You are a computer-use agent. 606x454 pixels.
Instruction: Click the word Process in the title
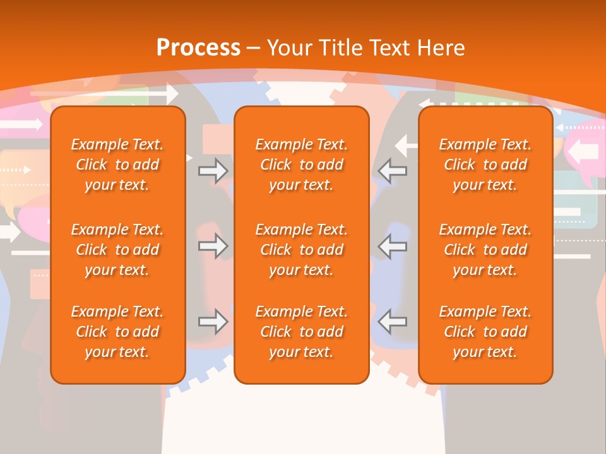198,48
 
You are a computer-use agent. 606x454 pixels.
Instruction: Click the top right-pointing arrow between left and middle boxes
213,171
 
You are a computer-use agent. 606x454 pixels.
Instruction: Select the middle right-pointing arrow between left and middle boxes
213,246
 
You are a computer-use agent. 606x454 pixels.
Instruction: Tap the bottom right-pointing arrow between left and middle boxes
213,322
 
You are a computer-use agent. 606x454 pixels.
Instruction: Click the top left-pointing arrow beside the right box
393,170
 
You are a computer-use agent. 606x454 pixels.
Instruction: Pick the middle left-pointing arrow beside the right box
393,246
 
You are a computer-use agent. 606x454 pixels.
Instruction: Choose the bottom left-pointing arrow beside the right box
393,322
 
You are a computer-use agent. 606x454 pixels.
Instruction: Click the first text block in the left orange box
117,165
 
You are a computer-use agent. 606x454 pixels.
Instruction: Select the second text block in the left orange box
117,250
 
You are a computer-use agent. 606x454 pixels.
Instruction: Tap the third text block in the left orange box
117,332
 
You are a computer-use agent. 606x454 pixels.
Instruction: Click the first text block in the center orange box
301,165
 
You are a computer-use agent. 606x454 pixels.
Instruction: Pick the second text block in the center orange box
301,250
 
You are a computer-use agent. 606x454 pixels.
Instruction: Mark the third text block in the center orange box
301,332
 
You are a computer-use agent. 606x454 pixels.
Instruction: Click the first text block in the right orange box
485,165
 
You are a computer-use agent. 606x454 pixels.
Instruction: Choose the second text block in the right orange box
485,250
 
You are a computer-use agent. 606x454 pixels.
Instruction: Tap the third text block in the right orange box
485,332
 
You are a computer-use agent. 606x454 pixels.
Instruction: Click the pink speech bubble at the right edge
584,151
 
